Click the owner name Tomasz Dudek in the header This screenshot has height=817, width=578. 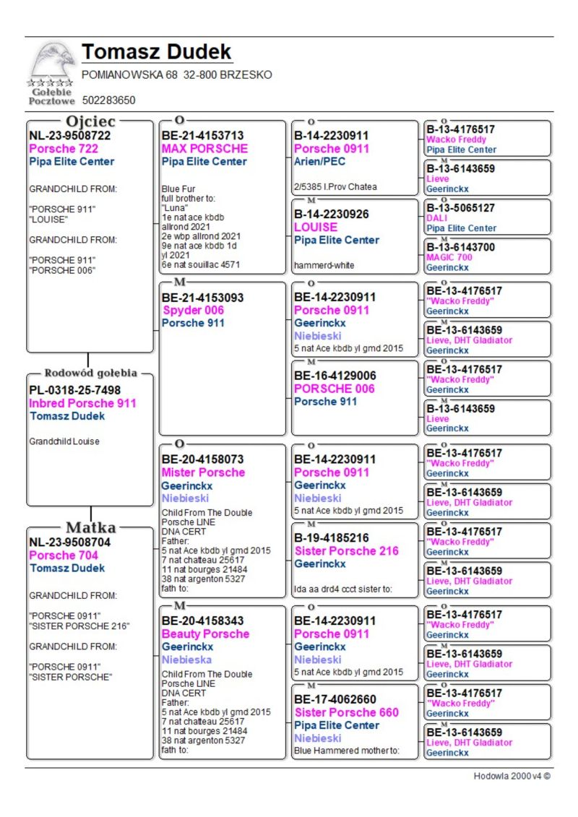(x=157, y=53)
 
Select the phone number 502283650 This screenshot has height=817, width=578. (x=108, y=100)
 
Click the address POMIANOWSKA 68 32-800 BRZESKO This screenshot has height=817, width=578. (x=177, y=75)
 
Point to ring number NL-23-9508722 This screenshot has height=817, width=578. (x=69, y=135)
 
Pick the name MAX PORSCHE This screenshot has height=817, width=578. (x=204, y=149)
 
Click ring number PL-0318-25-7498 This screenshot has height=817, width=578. (x=74, y=390)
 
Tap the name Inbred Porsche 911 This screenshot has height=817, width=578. (x=82, y=403)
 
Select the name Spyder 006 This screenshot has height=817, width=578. (x=194, y=311)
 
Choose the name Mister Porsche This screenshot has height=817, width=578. (x=203, y=472)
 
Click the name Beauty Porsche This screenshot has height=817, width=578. (x=205, y=634)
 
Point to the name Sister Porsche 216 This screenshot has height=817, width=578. (x=346, y=550)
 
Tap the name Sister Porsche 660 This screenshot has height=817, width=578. (x=346, y=712)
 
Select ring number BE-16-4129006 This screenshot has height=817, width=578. (x=335, y=376)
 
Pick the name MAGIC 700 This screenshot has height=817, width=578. (x=449, y=257)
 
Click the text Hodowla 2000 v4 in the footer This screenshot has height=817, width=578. (x=512, y=776)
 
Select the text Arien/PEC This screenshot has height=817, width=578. (x=320, y=162)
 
